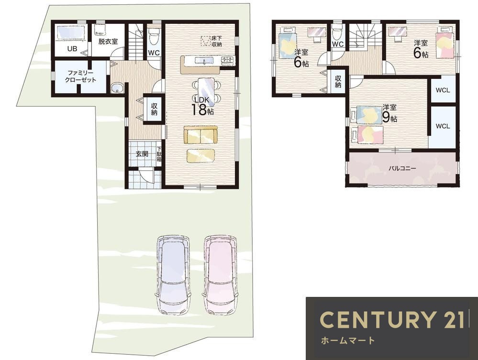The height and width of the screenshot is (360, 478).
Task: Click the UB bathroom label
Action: [72, 48]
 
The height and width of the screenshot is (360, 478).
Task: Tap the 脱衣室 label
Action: [108, 42]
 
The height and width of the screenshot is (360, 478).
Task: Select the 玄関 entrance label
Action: [142, 154]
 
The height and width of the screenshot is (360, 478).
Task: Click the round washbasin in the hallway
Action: [117, 88]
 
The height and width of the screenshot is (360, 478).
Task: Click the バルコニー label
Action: [402, 168]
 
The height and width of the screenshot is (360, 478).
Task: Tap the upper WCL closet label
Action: [443, 90]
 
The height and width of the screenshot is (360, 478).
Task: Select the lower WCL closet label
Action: [443, 126]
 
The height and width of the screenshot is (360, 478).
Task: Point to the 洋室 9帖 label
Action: [389, 113]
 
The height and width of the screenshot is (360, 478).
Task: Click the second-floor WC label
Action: [338, 44]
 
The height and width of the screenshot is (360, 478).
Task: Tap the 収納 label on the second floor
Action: [338, 81]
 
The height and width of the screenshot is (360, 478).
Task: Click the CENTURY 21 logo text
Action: [392, 319]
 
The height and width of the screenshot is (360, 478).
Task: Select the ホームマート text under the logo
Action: [348, 340]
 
